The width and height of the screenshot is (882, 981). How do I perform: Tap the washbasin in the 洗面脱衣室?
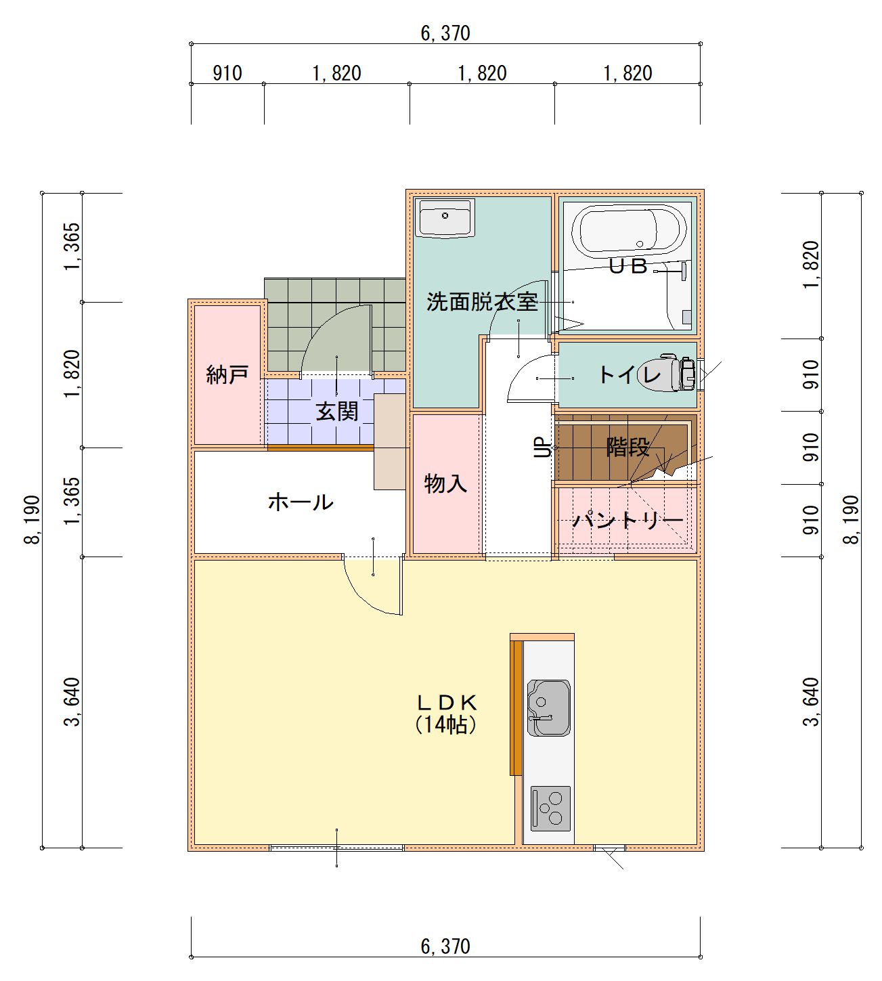[445, 218]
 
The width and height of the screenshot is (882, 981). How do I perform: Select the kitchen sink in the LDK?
[549, 707]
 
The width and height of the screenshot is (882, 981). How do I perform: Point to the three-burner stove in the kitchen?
[551, 809]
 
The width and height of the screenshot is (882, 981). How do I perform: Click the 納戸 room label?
[227, 375]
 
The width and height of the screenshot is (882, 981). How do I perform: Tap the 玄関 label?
[337, 411]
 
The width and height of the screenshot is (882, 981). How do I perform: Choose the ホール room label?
[301, 502]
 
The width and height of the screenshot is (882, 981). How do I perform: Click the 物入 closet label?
[445, 483]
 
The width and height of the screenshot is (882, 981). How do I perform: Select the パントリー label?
[628, 520]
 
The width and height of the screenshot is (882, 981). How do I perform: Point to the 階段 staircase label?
[628, 447]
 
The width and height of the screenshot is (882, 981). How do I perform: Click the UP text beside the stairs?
[542, 448]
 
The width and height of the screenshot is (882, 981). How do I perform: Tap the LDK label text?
[446, 703]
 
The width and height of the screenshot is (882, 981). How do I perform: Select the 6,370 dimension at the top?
[445, 33]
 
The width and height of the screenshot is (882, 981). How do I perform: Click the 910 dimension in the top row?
[227, 73]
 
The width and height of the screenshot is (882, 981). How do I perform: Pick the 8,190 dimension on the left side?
[32, 519]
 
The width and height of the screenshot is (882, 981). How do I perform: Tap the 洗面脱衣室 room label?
[482, 302]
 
